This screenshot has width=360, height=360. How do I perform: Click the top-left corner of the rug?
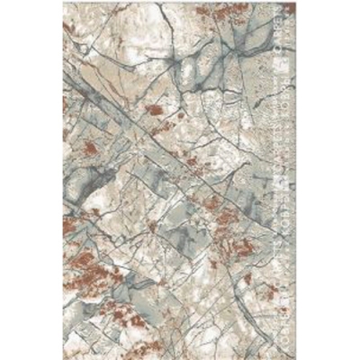[62, 3]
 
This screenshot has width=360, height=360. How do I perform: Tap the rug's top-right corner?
[298, 3]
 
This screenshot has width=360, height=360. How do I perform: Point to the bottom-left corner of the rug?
[62, 357]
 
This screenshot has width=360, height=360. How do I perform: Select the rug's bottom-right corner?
[298, 357]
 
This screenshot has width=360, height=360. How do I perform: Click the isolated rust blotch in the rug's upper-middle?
[155, 110]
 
